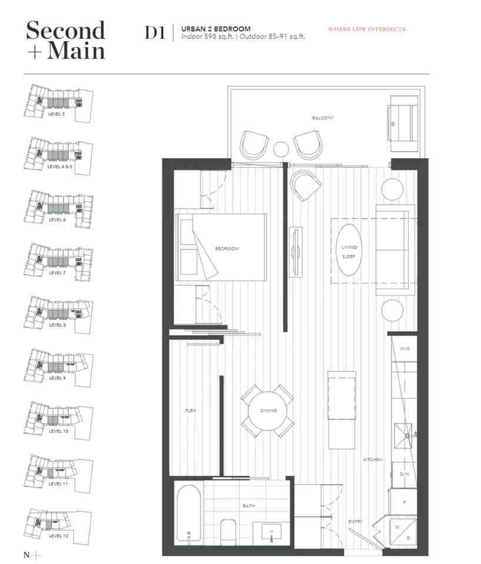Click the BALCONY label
tap(323, 118)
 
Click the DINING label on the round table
tap(268, 411)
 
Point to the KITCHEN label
tap(373, 459)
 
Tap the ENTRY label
tap(355, 522)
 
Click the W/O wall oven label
tap(405, 349)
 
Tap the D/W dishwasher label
tap(405, 474)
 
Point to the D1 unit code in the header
tap(155, 33)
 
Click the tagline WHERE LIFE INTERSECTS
tap(366, 29)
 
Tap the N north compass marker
tap(26, 555)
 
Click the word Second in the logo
tap(65, 29)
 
